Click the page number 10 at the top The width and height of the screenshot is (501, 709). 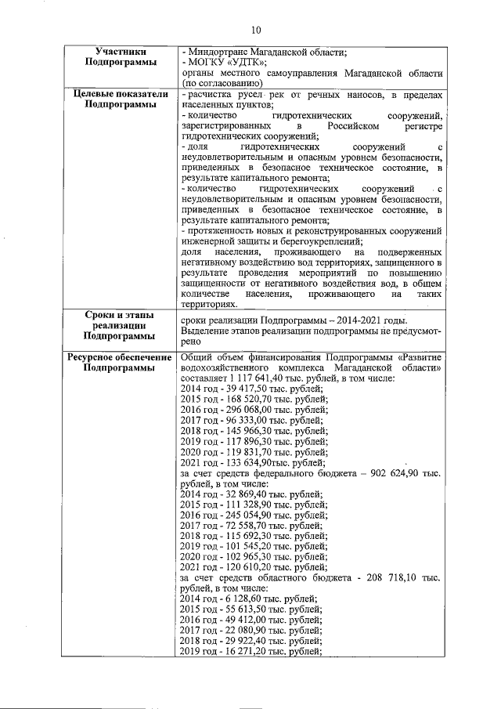255,30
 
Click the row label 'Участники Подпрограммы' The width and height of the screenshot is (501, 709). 120,57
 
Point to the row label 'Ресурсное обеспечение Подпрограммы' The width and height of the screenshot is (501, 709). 120,363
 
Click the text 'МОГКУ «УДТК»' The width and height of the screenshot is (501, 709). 227,63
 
